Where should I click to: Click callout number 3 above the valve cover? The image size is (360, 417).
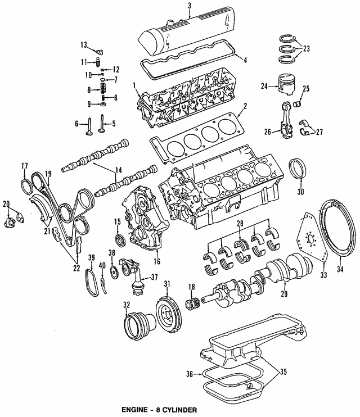pyautogui.click(x=190, y=6)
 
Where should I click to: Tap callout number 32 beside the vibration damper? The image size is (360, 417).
pyautogui.click(x=125, y=305)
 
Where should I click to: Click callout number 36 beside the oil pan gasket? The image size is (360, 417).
pyautogui.click(x=190, y=373)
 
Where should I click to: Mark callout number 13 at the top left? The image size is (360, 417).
pyautogui.click(x=83, y=44)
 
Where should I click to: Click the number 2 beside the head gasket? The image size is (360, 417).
pyautogui.click(x=245, y=106)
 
